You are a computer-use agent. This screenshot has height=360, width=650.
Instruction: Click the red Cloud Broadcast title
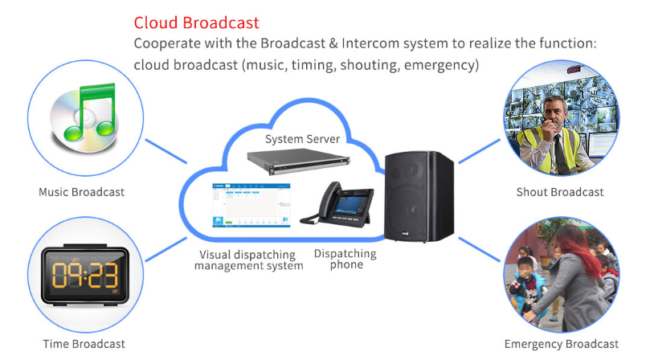click(196, 22)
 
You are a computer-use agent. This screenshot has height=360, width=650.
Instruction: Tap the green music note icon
click(90, 112)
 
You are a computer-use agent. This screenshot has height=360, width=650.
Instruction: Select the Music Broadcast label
click(82, 192)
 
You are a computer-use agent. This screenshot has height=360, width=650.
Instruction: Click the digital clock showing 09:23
click(85, 275)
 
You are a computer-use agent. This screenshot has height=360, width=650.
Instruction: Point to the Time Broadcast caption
click(84, 344)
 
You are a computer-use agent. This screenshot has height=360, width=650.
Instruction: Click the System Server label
click(302, 139)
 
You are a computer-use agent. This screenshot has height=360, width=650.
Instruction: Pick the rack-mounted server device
click(298, 162)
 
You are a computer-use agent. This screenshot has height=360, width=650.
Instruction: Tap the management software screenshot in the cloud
click(251, 205)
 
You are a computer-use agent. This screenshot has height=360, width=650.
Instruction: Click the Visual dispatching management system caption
click(249, 260)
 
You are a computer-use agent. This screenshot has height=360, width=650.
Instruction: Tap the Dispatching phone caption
click(345, 259)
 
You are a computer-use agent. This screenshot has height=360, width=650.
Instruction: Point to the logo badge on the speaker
click(405, 235)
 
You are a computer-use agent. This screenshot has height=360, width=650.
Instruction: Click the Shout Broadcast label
click(560, 192)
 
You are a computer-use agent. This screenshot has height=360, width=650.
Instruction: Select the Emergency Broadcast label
click(562, 344)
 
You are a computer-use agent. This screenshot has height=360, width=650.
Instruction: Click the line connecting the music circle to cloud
click(166, 151)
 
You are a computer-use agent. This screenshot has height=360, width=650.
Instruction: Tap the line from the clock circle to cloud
click(166, 249)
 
